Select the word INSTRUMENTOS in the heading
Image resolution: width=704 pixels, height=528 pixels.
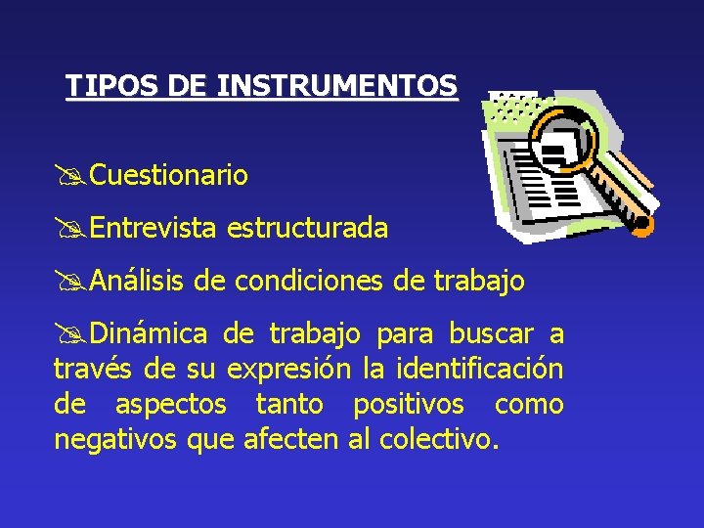click(337, 86)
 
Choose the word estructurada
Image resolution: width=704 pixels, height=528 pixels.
click(307, 229)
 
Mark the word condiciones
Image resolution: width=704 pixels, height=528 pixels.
click(309, 282)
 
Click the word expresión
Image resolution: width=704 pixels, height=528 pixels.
click(289, 370)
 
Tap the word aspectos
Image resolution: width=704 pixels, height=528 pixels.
click(171, 405)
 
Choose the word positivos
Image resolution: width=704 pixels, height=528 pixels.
click(409, 405)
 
